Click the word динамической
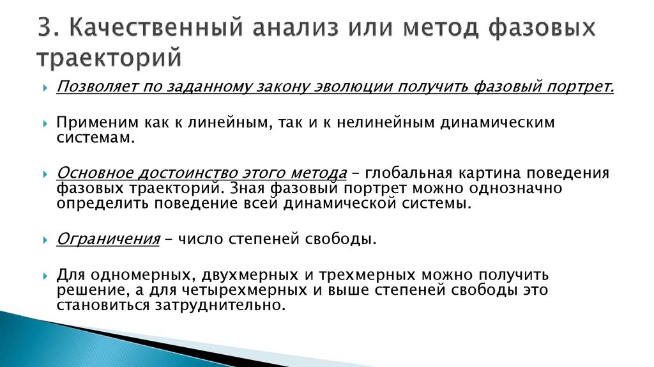point(353,204)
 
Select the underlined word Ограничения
point(107,240)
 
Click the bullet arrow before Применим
point(45,123)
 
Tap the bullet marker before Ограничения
point(45,240)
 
